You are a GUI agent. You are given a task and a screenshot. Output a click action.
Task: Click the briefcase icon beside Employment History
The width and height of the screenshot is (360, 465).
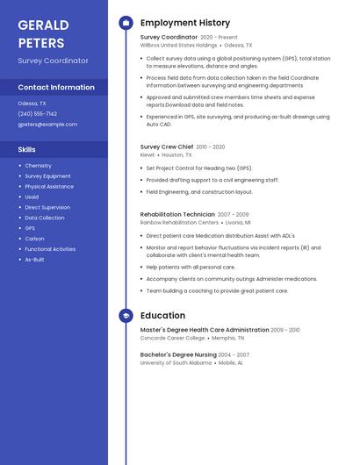pos(126,23)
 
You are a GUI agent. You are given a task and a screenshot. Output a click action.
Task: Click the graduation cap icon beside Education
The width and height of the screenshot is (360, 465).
pos(126,315)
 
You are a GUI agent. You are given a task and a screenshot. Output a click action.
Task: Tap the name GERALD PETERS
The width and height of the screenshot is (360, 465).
pos(41,33)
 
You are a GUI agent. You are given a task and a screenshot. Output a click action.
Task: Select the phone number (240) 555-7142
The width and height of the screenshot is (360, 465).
pos(38,113)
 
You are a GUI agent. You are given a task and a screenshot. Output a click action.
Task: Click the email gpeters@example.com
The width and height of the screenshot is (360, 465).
pos(47,124)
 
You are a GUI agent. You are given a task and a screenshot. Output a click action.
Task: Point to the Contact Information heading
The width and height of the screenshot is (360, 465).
pos(56,87)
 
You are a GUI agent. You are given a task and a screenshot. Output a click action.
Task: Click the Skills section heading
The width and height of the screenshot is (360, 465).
pos(26,149)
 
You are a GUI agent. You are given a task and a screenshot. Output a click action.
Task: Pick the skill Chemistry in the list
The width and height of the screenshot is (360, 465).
pos(38,165)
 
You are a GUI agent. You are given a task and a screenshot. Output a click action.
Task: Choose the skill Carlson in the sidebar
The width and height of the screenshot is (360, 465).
pos(34,239)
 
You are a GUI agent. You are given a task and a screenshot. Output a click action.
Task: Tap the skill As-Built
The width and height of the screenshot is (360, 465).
pos(34,260)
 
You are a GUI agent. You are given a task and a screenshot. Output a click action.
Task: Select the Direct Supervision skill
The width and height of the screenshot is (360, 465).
pos(47,207)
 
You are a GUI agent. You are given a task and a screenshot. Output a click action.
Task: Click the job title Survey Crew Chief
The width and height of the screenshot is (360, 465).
pos(167,147)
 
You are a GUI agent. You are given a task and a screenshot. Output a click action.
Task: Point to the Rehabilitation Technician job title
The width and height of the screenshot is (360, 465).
pos(177,214)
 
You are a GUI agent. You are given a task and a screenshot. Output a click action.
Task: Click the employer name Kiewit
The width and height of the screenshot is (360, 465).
pos(148,154)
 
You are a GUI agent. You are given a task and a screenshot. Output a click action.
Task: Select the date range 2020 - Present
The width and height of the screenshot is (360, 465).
pos(219,38)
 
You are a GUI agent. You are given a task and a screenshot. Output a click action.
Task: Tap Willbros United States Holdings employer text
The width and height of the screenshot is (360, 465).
pos(178,45)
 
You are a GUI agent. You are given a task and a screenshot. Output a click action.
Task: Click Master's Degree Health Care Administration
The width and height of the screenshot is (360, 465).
pos(205,330)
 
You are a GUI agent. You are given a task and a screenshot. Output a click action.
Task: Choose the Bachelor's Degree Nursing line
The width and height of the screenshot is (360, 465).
pos(178,354)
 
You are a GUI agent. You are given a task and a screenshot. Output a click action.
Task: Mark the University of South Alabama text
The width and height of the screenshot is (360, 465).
pos(176,362)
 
